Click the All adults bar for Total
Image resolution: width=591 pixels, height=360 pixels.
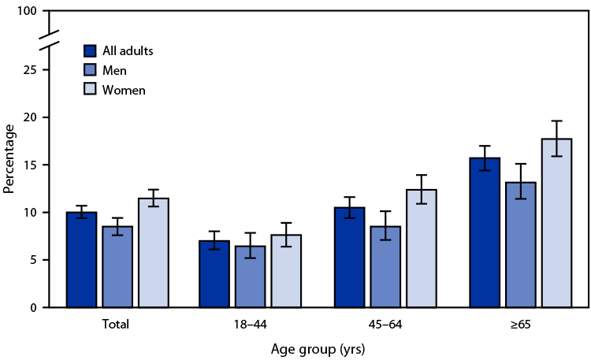click(81, 260)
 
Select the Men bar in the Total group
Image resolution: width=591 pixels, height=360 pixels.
click(117, 267)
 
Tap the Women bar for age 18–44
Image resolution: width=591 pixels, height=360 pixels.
click(286, 271)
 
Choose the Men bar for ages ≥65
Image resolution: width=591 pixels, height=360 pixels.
click(520, 245)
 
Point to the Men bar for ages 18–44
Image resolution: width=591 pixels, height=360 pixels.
click(251, 276)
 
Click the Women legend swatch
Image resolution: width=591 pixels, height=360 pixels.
click(90, 90)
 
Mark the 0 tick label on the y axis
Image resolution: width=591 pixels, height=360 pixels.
click(35, 308)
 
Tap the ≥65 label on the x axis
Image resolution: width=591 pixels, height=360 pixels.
click(521, 324)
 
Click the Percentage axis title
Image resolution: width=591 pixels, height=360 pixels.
click(9, 160)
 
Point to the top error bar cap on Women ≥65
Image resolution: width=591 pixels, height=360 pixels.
click(556, 121)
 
